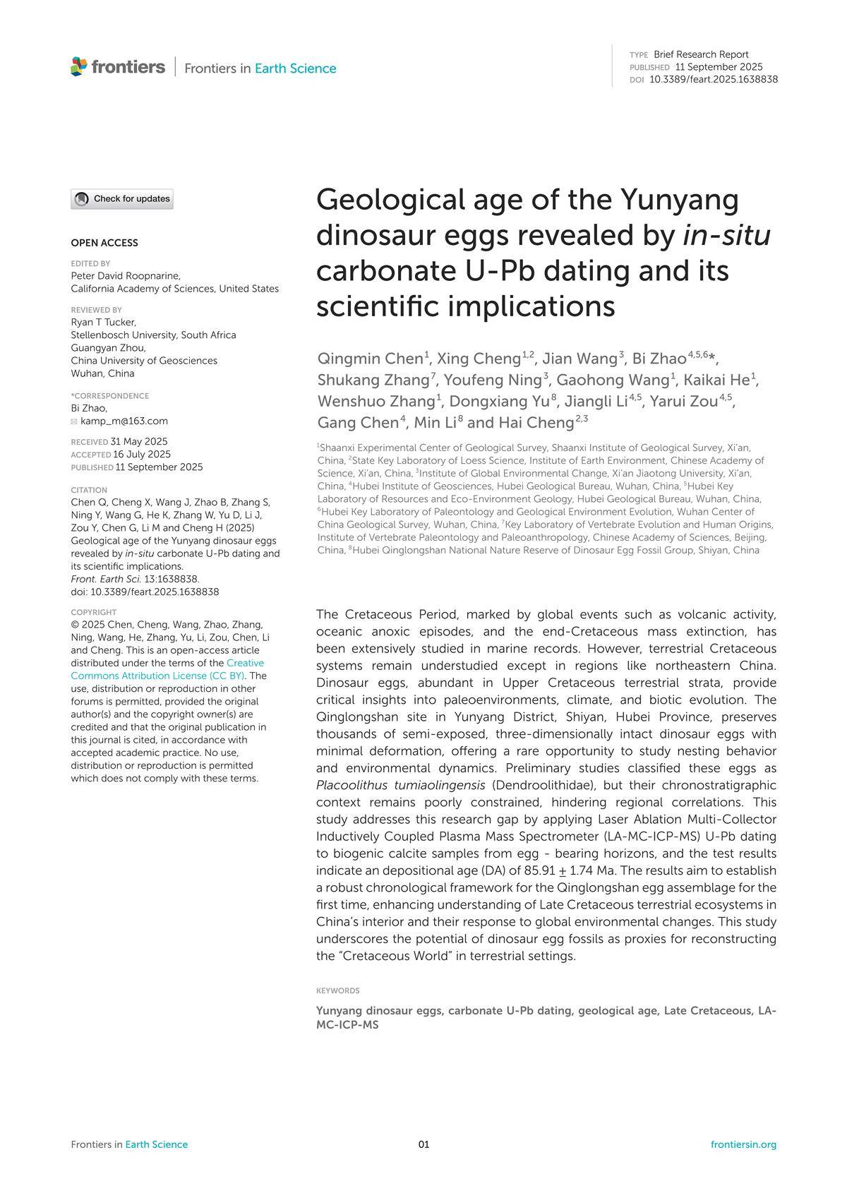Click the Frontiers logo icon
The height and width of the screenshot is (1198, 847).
[79, 66]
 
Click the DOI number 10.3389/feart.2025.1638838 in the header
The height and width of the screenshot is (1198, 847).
[713, 80]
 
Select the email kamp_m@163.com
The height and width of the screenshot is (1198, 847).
[124, 421]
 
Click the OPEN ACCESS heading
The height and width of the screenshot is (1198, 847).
[104, 243]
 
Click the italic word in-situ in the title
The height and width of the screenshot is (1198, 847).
[726, 235]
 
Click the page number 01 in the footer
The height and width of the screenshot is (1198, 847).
[423, 1144]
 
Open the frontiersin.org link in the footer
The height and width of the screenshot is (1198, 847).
[743, 1144]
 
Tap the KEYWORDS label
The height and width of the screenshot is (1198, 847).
[338, 991]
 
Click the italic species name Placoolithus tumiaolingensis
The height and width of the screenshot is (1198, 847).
[400, 785]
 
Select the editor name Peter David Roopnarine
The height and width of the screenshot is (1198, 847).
[126, 276]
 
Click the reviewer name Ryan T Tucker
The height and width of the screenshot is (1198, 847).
[103, 323]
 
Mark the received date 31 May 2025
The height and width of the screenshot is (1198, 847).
[139, 442]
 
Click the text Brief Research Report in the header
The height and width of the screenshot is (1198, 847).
[701, 54]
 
